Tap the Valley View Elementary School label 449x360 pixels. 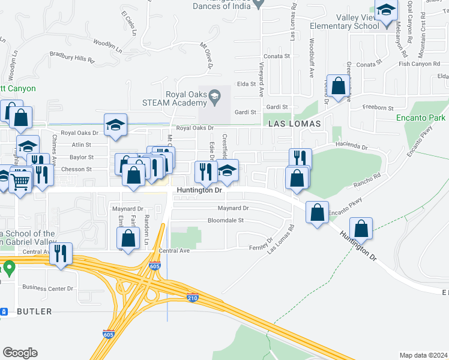tap(345, 22)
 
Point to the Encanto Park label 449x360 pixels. tap(421, 118)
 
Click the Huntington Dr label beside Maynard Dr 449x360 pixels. tap(199, 190)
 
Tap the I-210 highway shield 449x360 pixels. tap(192, 298)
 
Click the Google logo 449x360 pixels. tap(20, 353)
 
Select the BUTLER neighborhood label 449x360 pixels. tap(34, 311)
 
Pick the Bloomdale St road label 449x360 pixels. tap(224, 220)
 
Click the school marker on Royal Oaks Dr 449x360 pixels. tap(116, 125)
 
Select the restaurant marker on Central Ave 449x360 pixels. tap(61, 254)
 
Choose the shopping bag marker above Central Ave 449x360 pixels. tap(128, 238)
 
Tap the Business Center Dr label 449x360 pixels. tap(47, 288)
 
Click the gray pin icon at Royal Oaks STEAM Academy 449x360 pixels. tap(214, 95)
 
